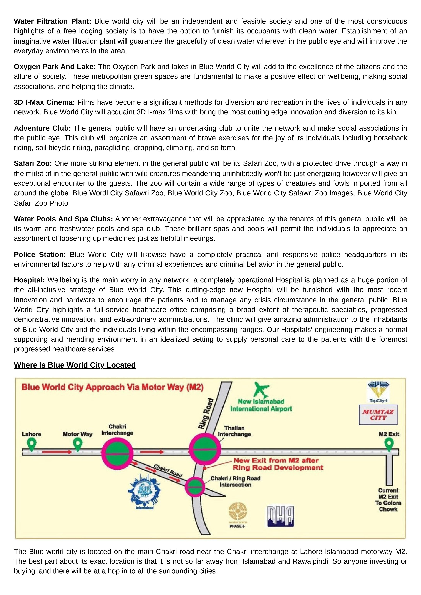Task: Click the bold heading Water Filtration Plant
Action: [x=52, y=21]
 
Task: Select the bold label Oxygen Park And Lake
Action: [x=55, y=67]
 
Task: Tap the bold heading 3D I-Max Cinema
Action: [x=44, y=102]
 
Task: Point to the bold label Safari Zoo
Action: [x=33, y=164]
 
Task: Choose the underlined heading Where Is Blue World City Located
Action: [x=75, y=365]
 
